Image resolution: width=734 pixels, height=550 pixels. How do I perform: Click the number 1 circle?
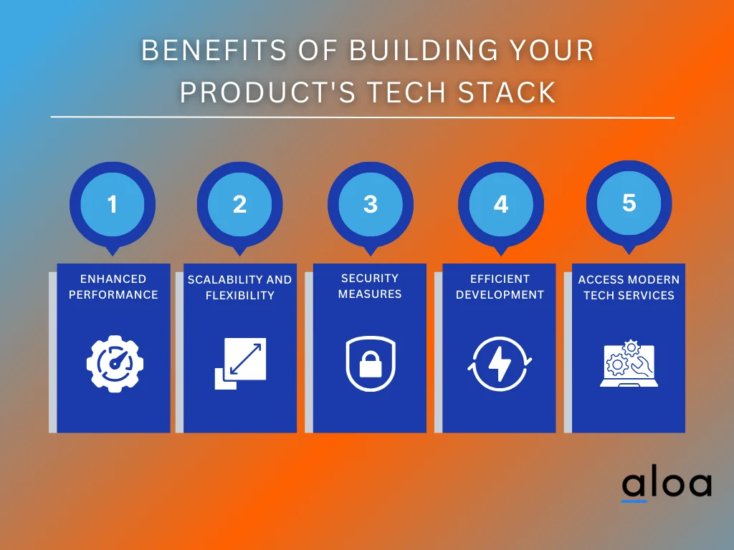(x=112, y=205)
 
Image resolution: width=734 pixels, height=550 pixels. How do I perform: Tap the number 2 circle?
(x=239, y=205)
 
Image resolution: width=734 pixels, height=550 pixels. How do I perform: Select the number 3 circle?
(x=370, y=204)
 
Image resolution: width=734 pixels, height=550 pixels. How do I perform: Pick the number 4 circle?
(x=500, y=205)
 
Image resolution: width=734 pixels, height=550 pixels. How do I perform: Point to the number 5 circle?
(x=629, y=203)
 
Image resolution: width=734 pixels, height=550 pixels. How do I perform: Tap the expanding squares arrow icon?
(x=240, y=364)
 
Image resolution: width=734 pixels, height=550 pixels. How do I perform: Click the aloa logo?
(x=666, y=485)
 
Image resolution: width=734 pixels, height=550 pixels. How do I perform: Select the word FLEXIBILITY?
(x=240, y=295)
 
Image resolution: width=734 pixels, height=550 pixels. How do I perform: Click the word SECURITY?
(x=370, y=278)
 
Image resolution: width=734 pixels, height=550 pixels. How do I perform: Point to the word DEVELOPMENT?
(x=500, y=294)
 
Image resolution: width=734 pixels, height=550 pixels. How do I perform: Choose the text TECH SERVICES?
(x=629, y=295)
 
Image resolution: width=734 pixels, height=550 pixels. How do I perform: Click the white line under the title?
(x=362, y=117)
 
